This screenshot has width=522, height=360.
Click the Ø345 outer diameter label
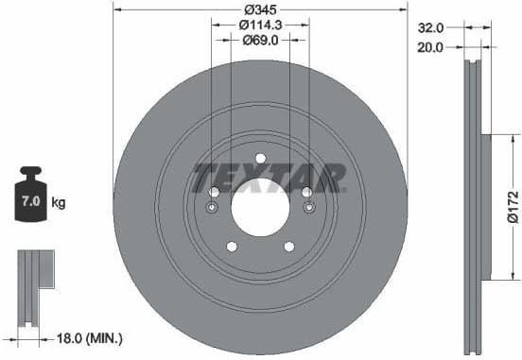259,11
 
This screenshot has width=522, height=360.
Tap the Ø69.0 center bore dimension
259,41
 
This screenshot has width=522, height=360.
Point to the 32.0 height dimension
429,28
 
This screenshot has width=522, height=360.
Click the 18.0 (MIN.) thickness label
90,336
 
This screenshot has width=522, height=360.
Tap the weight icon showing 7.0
31,199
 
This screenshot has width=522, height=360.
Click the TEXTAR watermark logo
269,177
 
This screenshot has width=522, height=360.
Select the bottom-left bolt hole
232,247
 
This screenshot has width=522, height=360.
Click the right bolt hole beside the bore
306,192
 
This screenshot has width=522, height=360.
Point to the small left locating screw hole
214,208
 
